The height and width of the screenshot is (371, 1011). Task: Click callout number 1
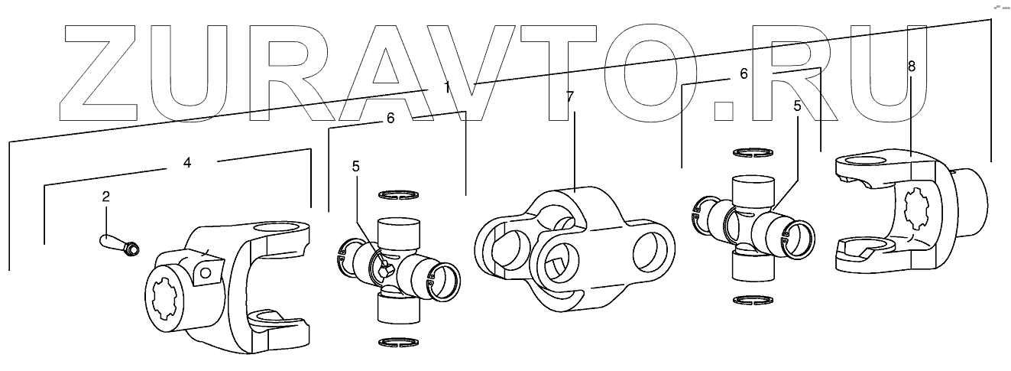(447, 87)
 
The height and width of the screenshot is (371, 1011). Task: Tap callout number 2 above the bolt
(106, 197)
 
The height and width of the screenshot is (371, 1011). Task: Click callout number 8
(911, 66)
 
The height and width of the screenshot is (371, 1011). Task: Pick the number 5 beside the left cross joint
(355, 165)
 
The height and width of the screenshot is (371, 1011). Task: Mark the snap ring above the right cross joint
(752, 154)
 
